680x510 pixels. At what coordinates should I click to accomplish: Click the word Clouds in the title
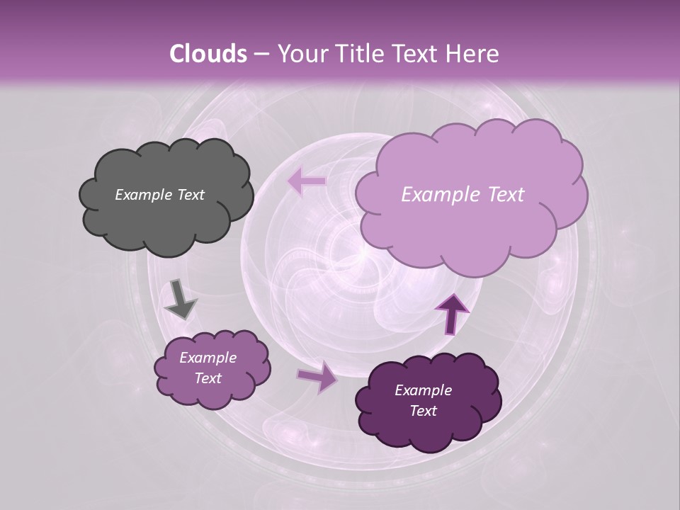[x=208, y=54]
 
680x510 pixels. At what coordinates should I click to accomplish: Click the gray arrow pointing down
[x=180, y=300]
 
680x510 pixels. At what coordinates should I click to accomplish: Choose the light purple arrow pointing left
[x=306, y=181]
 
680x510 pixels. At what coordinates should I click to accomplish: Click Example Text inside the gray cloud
[x=159, y=195]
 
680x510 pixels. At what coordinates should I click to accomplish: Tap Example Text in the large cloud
[x=463, y=195]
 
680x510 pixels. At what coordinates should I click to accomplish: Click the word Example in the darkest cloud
[x=423, y=390]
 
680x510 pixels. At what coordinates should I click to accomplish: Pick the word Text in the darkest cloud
[x=423, y=411]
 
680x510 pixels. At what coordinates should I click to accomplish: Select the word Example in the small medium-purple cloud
[x=208, y=358]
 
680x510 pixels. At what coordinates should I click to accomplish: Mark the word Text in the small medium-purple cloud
[x=208, y=378]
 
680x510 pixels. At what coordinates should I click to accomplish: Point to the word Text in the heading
[x=412, y=54]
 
